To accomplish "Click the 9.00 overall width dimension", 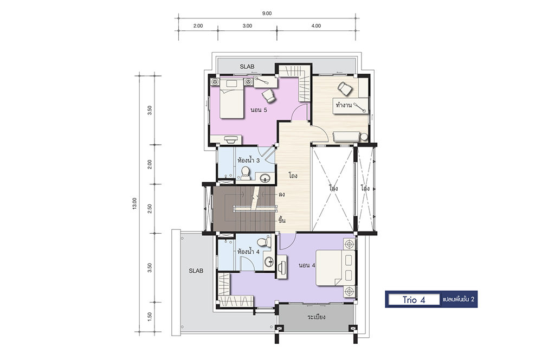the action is pos(267,14).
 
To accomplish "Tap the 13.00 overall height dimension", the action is pos(134,203).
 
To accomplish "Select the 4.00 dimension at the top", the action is pos(316,26).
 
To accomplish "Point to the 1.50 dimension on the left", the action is pos(150,317).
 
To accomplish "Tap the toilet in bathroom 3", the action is pos(245,173).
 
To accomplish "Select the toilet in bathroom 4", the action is pos(263,242).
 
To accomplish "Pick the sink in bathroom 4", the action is pos(269,261).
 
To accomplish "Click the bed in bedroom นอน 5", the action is pos(231,99).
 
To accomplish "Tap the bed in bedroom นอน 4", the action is pos(335,268).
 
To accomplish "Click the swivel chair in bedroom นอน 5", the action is pos(269,95).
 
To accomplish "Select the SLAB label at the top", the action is pos(247,67).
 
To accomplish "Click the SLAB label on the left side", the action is pos(196,271).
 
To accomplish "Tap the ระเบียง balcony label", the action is pos(317,317).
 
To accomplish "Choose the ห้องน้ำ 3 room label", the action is pos(249,160).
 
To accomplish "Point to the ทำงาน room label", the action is pos(344,105).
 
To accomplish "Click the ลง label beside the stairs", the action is pos(282,194).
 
